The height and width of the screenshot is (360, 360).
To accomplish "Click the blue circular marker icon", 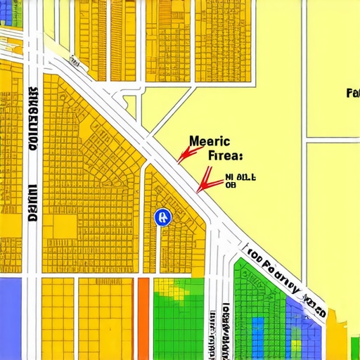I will [x=162, y=217].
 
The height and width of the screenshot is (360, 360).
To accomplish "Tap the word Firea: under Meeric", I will [x=226, y=155].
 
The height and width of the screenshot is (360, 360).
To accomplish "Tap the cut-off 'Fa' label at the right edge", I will [x=353, y=93].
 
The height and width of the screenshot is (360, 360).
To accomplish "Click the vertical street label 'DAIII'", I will [x=32, y=204].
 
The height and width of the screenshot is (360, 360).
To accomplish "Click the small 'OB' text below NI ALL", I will [x=230, y=187].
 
